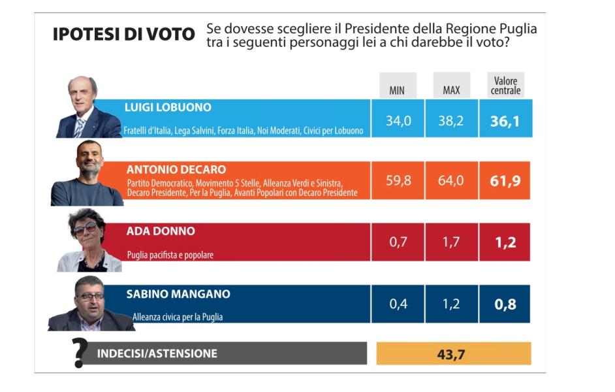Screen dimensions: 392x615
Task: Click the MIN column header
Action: coord(397,90)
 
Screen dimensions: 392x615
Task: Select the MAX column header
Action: coord(451,90)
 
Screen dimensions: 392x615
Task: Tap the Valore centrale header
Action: coord(505,86)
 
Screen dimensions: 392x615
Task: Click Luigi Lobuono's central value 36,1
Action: coord(505,122)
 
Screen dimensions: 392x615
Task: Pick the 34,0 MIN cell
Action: coord(398,121)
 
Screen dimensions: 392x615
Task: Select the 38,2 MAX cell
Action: coord(451,121)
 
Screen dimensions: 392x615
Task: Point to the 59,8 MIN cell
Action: coord(398,180)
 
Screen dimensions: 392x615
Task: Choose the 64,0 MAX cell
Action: coord(451,180)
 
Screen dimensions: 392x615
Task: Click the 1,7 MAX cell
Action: coord(451,242)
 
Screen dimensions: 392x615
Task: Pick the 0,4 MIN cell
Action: coord(398,304)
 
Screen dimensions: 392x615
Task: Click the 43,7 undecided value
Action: coord(454,354)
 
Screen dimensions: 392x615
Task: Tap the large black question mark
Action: coord(80,353)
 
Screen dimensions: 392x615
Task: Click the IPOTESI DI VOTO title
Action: coord(123,35)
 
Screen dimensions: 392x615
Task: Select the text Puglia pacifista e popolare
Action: coord(170,255)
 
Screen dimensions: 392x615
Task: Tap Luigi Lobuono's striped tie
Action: coord(80,127)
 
